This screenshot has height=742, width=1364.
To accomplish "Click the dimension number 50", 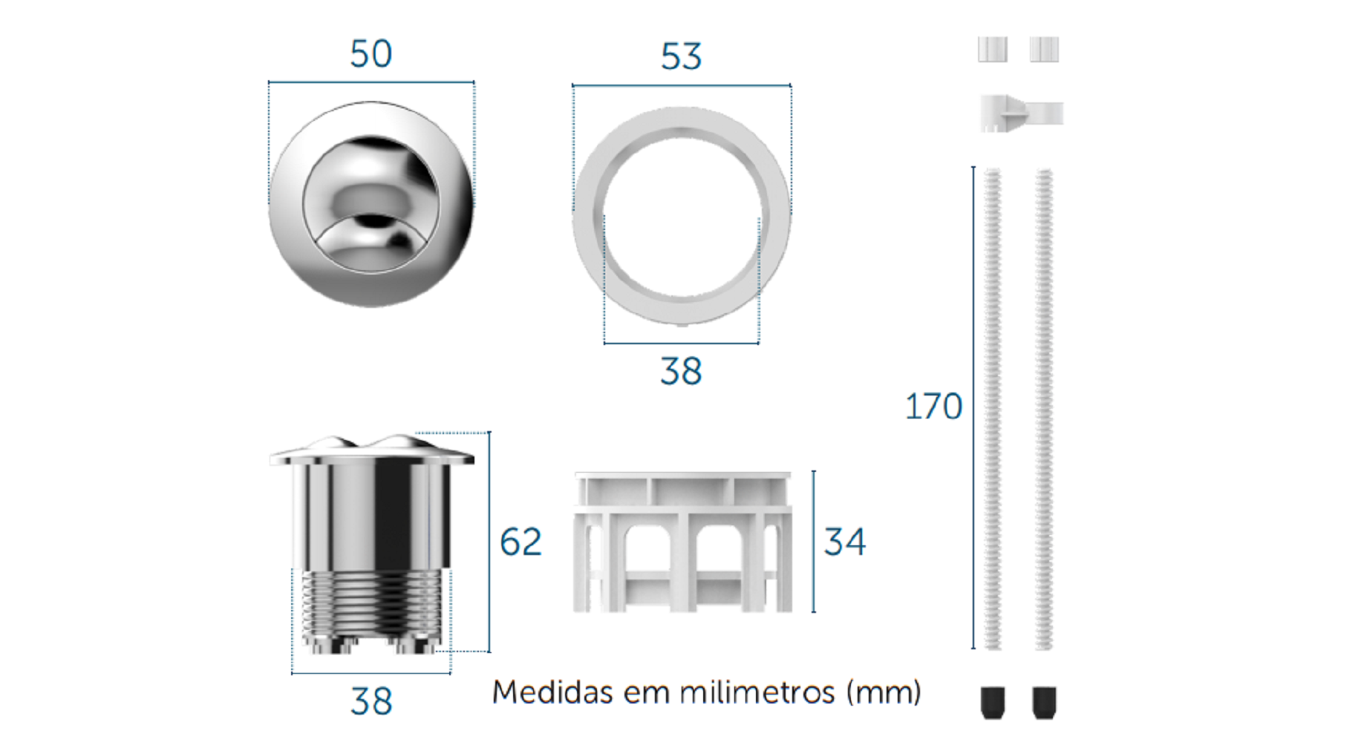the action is pos(371,53).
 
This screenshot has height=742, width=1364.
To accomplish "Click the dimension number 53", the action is pos(681,56).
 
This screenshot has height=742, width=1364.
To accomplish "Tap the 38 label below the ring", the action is pos(681,371).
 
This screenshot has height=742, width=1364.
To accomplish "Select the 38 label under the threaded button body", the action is pos(371,701).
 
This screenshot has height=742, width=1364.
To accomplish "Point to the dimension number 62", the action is pos(521,542).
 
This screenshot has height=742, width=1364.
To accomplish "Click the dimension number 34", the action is pos(845,542).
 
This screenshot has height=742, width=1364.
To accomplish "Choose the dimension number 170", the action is pos(933,407).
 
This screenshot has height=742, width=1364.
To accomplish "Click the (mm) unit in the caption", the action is pos(884,692).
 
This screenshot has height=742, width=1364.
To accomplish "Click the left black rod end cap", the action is pos(993,703).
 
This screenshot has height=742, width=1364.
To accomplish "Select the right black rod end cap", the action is pos(1044,703).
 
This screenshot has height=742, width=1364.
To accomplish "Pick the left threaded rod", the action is pos(993,409).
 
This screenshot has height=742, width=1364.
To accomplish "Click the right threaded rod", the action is pos(1044,409).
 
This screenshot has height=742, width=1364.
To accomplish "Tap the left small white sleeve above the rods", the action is pos(993,50).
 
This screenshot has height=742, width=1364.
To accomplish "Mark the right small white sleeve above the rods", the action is pos(1044,50).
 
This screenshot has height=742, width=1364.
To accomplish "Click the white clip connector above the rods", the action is pos(1021,114).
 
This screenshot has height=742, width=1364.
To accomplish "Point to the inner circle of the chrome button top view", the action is pos(371,204).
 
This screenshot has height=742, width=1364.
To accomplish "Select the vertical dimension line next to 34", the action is pos(814,542).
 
